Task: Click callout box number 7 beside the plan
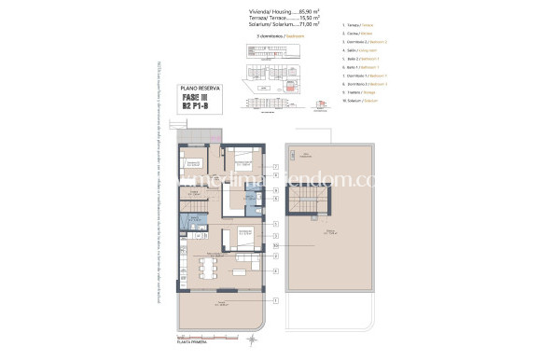click(x=276, y=166)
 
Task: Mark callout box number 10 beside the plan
click(x=276, y=245)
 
